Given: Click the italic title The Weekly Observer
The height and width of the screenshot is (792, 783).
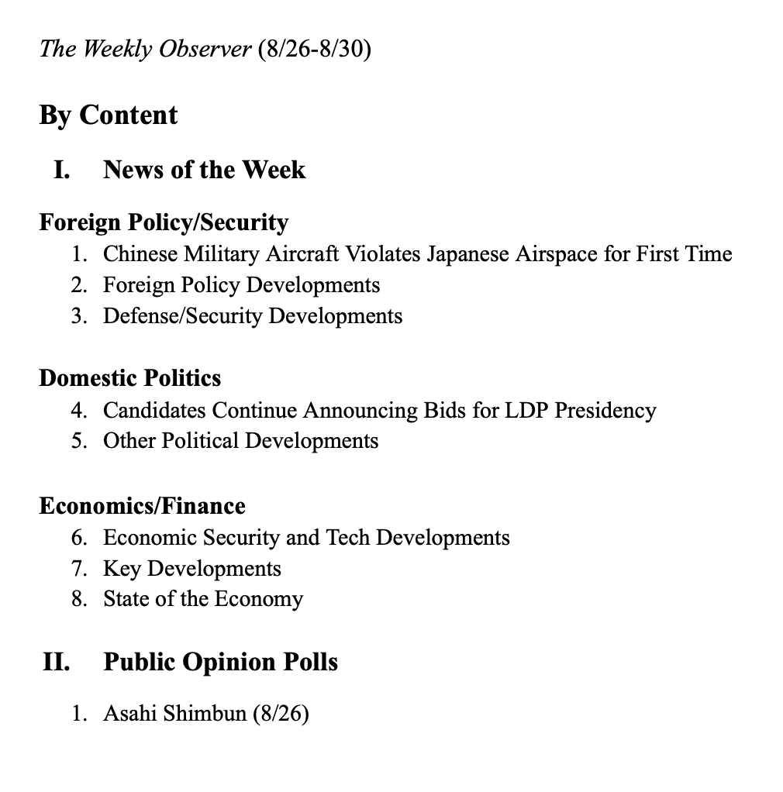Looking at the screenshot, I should pos(145,50).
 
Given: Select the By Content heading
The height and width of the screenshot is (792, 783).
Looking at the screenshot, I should pos(109,115).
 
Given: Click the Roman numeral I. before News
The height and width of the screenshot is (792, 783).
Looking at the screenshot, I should pos(61,170).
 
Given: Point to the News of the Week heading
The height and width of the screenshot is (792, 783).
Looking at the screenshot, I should pos(204,170).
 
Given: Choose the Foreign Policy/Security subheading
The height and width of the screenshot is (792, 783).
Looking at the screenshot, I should pos(164,222).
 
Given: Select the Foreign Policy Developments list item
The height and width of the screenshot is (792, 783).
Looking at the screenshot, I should pos(241,285).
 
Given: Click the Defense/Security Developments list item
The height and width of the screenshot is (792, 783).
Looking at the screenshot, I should pos(253,316).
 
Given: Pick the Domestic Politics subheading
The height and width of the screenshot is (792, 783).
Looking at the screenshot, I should pos(130,378).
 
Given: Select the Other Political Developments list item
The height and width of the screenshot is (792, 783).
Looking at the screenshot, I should pos(240,441).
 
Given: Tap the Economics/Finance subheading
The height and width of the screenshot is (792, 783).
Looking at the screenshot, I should pos(142,506).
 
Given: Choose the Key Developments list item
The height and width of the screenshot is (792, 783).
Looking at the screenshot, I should pos(191,568).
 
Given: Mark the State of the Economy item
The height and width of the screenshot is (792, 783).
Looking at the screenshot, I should pos(202,599).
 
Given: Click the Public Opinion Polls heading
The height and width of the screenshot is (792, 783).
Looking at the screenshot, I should pos(220,663).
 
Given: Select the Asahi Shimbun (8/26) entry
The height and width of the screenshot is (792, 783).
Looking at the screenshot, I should pos(205,713).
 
